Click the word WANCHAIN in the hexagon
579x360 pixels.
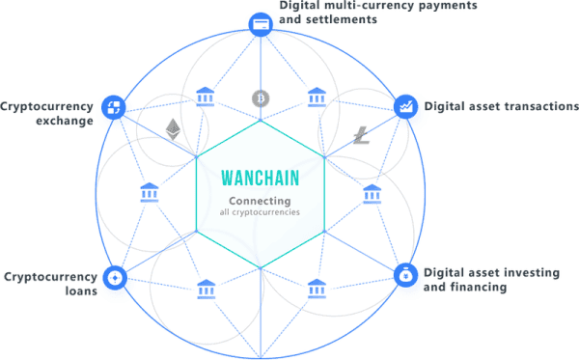coord(259,180)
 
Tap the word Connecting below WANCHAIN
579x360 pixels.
coord(258,201)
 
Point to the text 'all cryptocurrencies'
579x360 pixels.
coord(258,212)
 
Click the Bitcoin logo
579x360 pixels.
coord(259,97)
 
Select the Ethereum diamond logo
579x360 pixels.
coord(174,128)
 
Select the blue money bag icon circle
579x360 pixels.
coord(405,276)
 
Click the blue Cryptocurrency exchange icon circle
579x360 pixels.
coord(113,105)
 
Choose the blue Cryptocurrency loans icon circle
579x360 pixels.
coord(114,278)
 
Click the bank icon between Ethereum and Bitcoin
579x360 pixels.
coord(205,97)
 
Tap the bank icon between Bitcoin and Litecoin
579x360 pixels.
coord(316,97)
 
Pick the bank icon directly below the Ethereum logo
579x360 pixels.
coord(149,190)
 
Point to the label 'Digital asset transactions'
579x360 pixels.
coord(498,105)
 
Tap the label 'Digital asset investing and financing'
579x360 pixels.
coord(492,280)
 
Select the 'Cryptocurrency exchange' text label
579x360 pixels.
coord(48,112)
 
